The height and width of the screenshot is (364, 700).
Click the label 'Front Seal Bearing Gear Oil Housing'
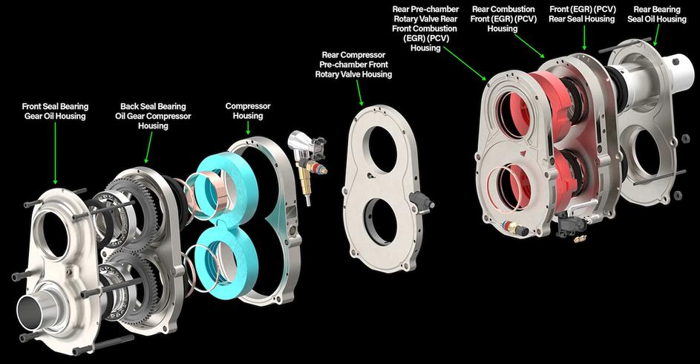click(x=56, y=111)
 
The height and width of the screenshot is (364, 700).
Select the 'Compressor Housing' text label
click(x=248, y=111)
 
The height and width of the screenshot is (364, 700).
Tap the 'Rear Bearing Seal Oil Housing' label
click(x=657, y=14)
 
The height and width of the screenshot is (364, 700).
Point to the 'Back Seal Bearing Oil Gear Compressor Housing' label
click(x=153, y=116)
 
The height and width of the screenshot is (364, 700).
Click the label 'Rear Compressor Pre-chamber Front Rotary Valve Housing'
click(x=353, y=65)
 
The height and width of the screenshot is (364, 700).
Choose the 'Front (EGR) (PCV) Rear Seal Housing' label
click(x=582, y=14)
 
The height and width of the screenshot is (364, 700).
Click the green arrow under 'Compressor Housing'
click(x=248, y=129)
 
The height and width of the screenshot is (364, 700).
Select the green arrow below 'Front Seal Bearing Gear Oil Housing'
click(x=56, y=153)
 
